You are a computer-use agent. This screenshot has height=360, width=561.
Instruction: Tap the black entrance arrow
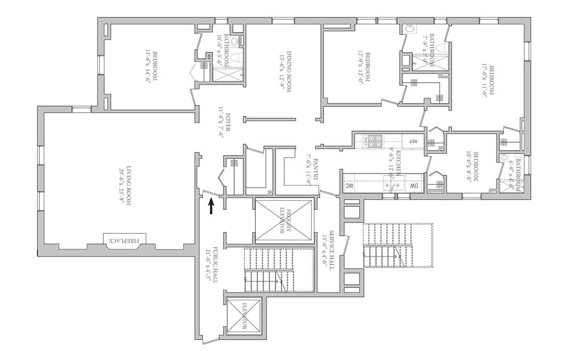211,206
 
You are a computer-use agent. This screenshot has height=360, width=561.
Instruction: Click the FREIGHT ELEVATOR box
283,220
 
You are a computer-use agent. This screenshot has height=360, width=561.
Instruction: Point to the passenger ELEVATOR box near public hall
244,316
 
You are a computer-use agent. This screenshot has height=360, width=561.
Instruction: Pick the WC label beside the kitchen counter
348,186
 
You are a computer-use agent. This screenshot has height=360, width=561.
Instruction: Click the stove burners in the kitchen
374,142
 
